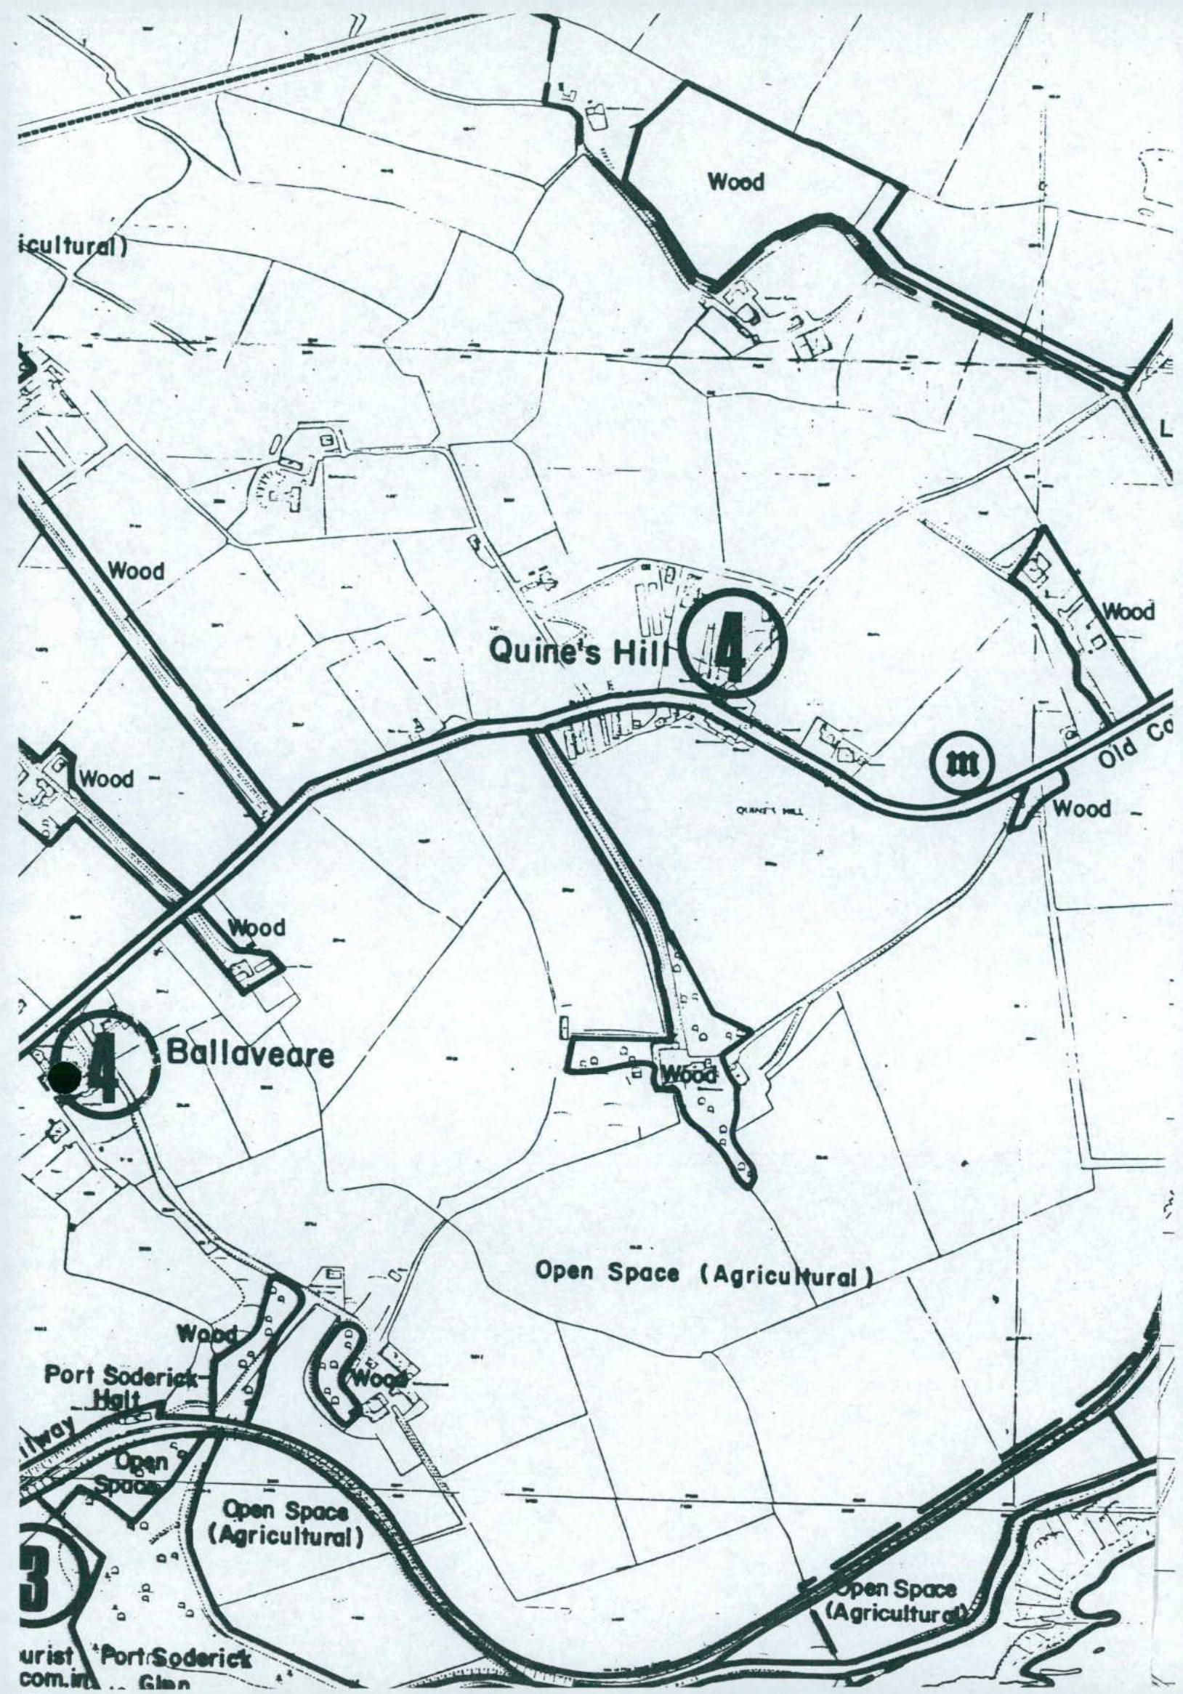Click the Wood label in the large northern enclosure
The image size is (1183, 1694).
(x=736, y=182)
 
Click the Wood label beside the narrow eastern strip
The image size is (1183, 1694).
(x=1128, y=611)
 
